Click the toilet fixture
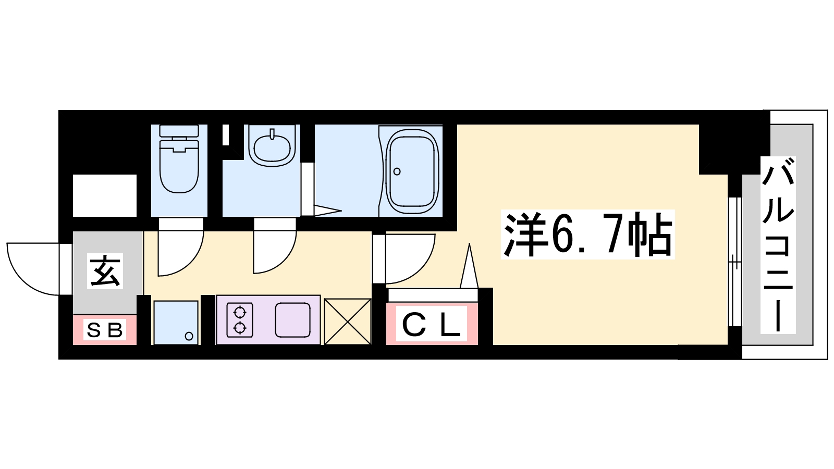pos(179,159)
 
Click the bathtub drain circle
pos(397,171)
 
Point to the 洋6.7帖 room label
pos(588,234)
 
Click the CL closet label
pos(432,324)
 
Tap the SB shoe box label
pos(105,329)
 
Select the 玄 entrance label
pos(105,271)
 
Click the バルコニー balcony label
pos(778,245)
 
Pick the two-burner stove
pos(240,320)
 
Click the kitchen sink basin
pos(292,320)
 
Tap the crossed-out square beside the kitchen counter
pos(348,322)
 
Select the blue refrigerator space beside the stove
pos(176,323)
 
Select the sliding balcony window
pos(734,262)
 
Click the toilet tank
pos(179,131)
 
